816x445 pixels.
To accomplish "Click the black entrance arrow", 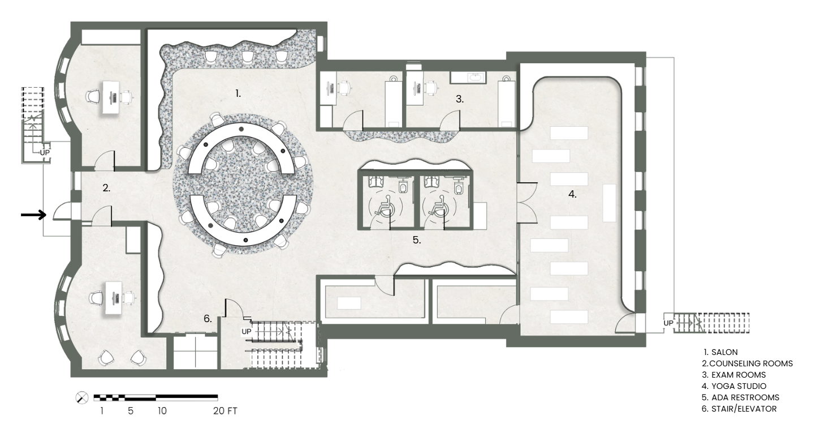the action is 33,215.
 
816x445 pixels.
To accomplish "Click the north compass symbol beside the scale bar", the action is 82,397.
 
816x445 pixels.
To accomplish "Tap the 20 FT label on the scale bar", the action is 225,411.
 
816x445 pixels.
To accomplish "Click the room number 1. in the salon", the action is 238,94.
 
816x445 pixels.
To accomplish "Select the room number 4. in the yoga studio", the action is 572,194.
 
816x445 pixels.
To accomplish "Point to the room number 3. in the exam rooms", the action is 460,99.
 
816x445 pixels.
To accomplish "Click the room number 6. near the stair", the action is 208,319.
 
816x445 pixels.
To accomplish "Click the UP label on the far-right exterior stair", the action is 668,323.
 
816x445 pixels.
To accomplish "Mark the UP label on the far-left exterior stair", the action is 45,153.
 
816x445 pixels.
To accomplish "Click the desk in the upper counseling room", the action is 111,97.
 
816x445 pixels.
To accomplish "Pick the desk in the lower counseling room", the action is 114,298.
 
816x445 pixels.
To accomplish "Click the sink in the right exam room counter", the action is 473,78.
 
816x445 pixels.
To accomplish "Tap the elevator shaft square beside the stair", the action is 195,352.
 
